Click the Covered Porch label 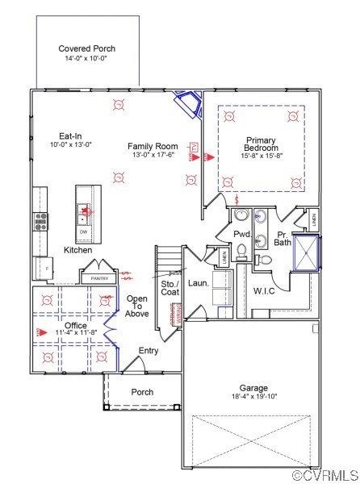click(x=86, y=49)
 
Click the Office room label click(x=77, y=326)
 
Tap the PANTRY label click(x=98, y=278)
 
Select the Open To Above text click(x=136, y=307)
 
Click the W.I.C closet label click(x=265, y=290)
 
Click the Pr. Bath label click(x=283, y=237)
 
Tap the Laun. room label click(x=198, y=284)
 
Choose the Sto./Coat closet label click(x=169, y=288)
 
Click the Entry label click(x=148, y=351)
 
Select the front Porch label click(x=142, y=392)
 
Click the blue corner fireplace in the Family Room click(x=188, y=104)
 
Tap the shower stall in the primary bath click(x=307, y=252)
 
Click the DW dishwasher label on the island click(x=83, y=232)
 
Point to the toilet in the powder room click(x=241, y=252)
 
